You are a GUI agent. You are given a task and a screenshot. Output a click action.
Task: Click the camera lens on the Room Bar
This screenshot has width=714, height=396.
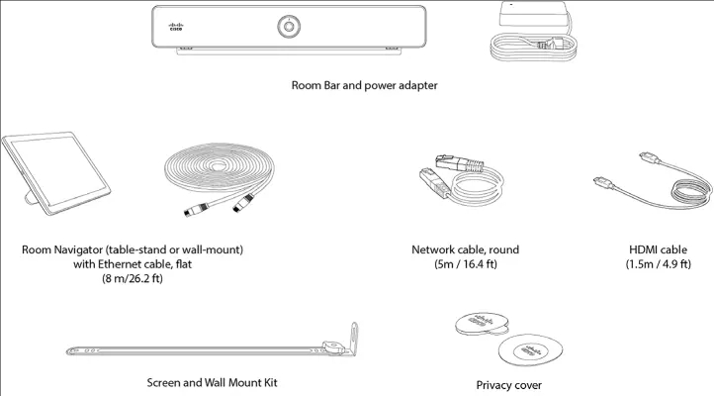pos(291,24)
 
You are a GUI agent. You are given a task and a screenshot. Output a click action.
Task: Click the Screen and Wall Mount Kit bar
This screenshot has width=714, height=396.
pos(198,348)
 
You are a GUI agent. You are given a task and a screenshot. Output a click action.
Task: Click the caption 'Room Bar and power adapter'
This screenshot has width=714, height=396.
pos(364,86)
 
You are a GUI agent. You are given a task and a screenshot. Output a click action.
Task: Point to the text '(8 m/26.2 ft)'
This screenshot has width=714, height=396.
pos(132,280)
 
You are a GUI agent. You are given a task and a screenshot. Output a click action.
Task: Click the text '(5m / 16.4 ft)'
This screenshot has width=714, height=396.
pos(465,265)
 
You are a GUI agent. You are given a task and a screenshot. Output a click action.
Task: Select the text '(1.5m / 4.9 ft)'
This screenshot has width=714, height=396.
pos(657,265)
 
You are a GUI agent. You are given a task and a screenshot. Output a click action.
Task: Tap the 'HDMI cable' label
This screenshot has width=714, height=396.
pos(657,249)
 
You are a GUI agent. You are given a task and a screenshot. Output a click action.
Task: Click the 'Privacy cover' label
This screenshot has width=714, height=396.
pos(509,385)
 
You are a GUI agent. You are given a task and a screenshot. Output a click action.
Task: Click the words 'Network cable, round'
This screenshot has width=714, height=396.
pos(465,249)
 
